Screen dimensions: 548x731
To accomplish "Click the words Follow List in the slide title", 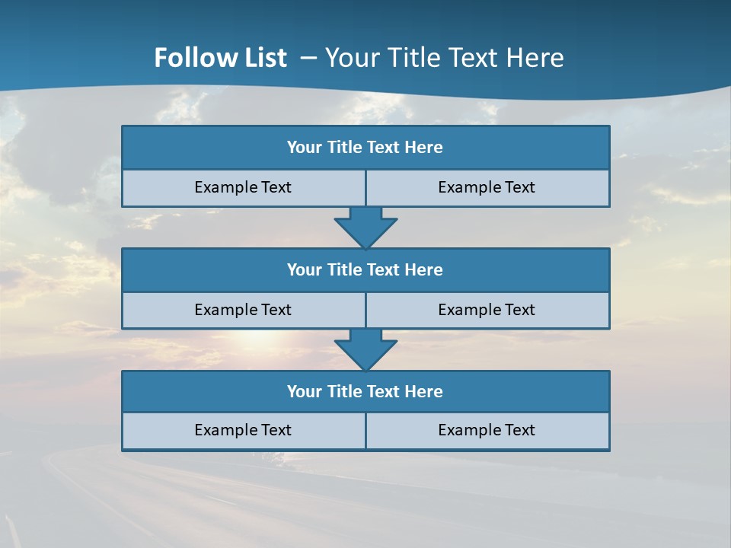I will pyautogui.click(x=220, y=58).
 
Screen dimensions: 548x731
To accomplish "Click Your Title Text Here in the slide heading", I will pyautogui.click(x=444, y=58).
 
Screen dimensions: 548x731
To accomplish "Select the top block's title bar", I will pyautogui.click(x=365, y=148).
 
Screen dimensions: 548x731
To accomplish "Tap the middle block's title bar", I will pyautogui.click(x=365, y=270).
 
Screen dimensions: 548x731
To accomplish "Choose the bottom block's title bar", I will pyautogui.click(x=365, y=392).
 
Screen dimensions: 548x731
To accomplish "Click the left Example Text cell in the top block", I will pyautogui.click(x=244, y=188).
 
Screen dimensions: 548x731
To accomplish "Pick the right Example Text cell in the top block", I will pyautogui.click(x=487, y=188).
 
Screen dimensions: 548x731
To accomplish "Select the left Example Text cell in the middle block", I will pyautogui.click(x=244, y=311).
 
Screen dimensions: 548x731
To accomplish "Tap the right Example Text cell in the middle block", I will pyautogui.click(x=487, y=311).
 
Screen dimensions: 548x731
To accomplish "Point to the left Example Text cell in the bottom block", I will pyautogui.click(x=244, y=431).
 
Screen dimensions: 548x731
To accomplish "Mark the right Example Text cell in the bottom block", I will pyautogui.click(x=487, y=431).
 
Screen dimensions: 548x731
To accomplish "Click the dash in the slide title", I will pyautogui.click(x=308, y=58).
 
